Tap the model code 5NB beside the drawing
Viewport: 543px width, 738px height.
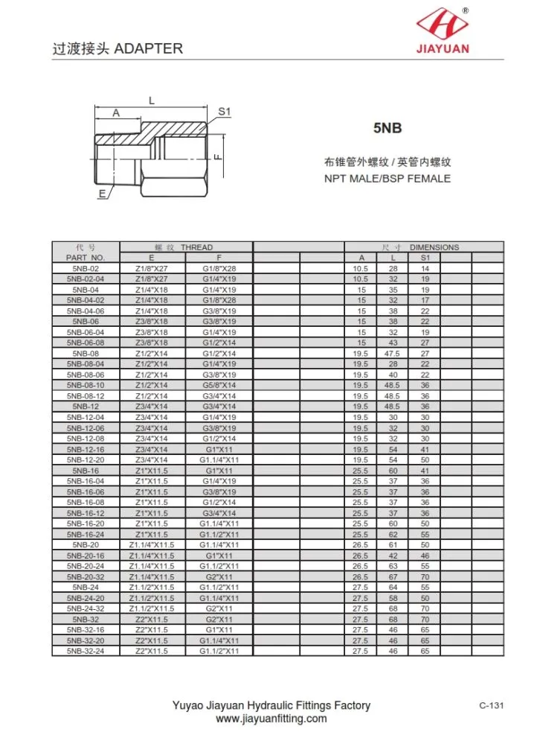(387, 128)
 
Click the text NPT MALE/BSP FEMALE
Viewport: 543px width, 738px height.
(387, 178)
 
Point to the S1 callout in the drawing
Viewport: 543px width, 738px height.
(225, 111)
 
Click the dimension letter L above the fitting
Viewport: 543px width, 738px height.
(151, 99)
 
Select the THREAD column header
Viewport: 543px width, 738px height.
(196, 247)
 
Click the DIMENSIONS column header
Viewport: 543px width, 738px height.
(434, 247)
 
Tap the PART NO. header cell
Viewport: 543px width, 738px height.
(86, 257)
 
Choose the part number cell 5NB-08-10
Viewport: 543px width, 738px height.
(86, 386)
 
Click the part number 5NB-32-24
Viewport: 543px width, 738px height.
(86, 652)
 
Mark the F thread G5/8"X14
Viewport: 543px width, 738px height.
(219, 386)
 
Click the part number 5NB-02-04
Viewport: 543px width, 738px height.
(86, 278)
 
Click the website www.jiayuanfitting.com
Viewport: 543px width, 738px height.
(271, 719)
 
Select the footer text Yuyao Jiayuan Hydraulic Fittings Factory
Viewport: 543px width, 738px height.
(271, 705)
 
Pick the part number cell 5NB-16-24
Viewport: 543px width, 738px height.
(86, 534)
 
